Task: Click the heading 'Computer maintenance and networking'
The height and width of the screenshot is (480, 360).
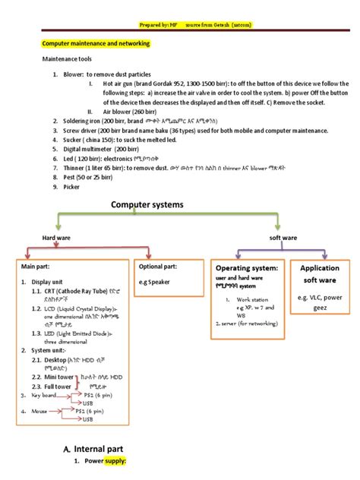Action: (95, 44)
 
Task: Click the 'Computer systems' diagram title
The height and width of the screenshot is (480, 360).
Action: (149, 205)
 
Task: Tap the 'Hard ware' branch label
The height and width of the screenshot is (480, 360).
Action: (55, 238)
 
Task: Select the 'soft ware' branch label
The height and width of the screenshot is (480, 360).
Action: (283, 238)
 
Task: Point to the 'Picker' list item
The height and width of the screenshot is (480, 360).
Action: (71, 187)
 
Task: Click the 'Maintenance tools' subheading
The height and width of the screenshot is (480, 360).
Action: (68, 59)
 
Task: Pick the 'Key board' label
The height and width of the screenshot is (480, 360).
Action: (44, 396)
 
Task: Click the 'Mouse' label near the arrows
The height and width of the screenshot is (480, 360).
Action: (39, 411)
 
